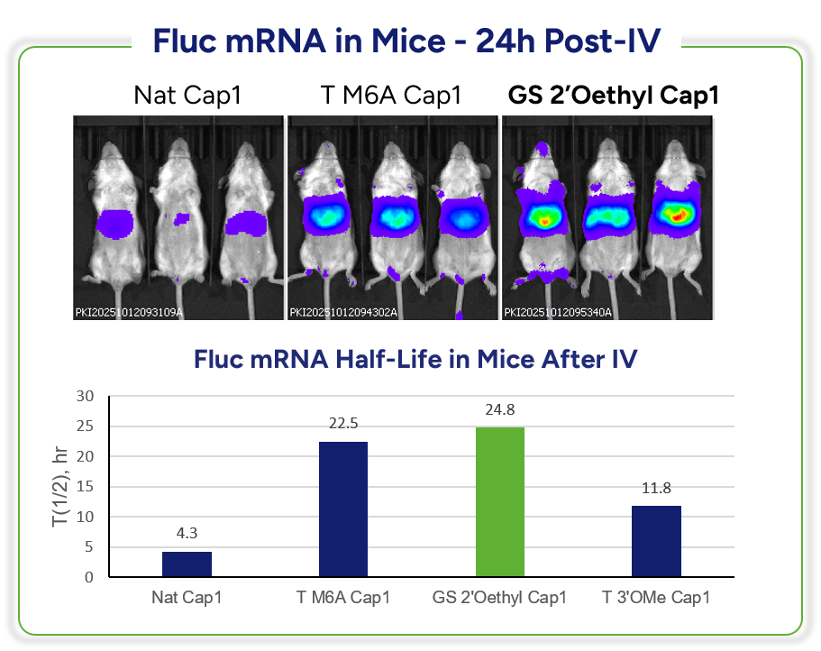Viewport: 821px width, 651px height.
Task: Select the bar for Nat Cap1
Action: (x=187, y=564)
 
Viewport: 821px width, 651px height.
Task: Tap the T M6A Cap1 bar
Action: (x=342, y=509)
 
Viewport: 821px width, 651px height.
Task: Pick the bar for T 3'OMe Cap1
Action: (x=655, y=541)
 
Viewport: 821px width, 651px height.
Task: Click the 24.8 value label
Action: (x=499, y=411)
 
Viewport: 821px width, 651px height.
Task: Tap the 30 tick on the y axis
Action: (x=85, y=396)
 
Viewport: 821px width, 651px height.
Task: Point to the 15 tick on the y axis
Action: (x=85, y=487)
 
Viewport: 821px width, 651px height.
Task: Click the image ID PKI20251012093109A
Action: (x=128, y=313)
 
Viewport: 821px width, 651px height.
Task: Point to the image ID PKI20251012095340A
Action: (x=558, y=313)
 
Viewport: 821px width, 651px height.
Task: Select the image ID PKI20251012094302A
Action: (x=342, y=313)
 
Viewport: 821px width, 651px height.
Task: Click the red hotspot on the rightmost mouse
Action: (x=680, y=213)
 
